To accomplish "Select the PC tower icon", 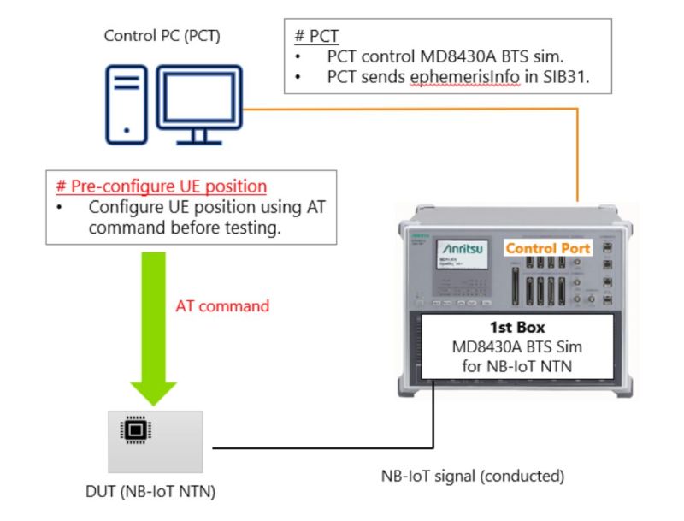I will click(x=127, y=104).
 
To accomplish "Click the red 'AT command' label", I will click(x=222, y=305).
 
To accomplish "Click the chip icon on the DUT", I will click(x=133, y=430).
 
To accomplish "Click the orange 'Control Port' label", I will click(x=548, y=248).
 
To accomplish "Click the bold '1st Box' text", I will click(x=518, y=328).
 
